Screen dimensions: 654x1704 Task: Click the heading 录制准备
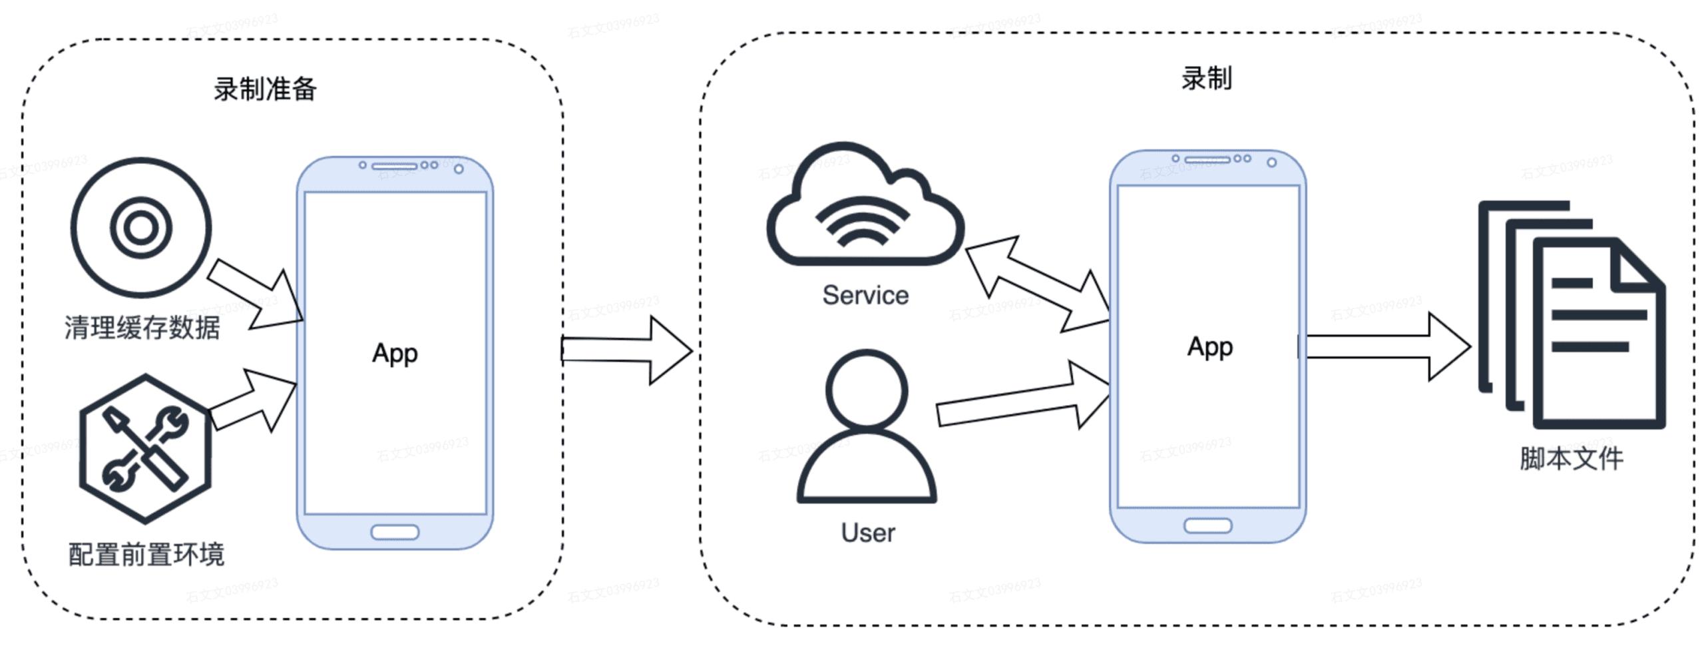[265, 89]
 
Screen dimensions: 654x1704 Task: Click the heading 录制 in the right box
[1206, 79]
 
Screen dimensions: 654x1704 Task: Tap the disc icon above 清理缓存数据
[141, 227]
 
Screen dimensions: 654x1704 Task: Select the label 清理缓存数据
[142, 328]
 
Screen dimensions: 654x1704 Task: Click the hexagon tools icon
[145, 448]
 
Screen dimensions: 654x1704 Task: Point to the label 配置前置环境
[146, 554]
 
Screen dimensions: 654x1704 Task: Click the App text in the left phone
[395, 353]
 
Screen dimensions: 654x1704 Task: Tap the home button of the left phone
[395, 532]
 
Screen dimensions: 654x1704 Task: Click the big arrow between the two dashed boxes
[626, 350]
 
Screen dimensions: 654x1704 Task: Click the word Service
[865, 295]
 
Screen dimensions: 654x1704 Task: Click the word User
[868, 533]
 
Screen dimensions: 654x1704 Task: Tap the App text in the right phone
[1210, 347]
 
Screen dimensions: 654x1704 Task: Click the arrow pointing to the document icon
[1384, 347]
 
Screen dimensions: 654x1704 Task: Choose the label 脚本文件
[1571, 458]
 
